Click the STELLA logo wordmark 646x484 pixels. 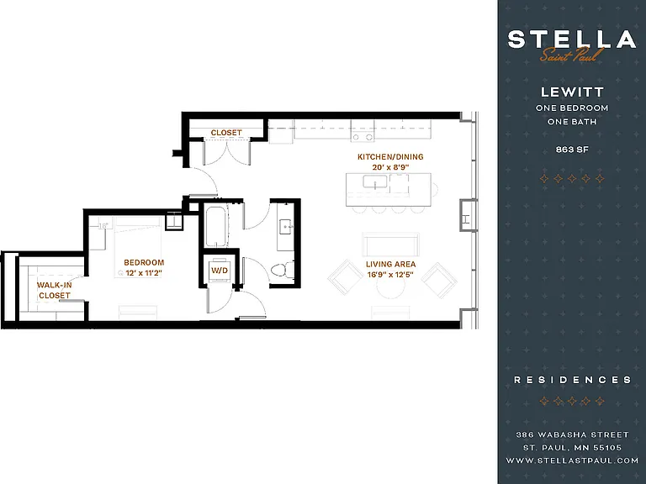pyautogui.click(x=572, y=39)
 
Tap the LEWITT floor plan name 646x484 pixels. pyautogui.click(x=572, y=92)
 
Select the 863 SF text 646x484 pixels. pyautogui.click(x=572, y=150)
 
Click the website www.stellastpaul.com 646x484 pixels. pyautogui.click(x=572, y=460)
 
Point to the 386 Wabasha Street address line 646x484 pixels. pyautogui.click(x=572, y=434)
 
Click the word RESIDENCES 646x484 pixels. pyautogui.click(x=572, y=380)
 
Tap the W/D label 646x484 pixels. pyautogui.click(x=220, y=271)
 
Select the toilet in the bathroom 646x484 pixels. pyautogui.click(x=282, y=270)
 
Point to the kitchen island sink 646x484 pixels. pyautogui.click(x=375, y=181)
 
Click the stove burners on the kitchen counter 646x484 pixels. pyautogui.click(x=363, y=137)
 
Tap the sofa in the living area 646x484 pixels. pyautogui.click(x=390, y=245)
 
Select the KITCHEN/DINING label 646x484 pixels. pyautogui.click(x=390, y=157)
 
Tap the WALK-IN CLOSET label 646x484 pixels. pyautogui.click(x=55, y=290)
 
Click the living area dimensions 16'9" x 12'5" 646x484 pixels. pyautogui.click(x=390, y=275)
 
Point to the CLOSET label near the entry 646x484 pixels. pyautogui.click(x=226, y=133)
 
